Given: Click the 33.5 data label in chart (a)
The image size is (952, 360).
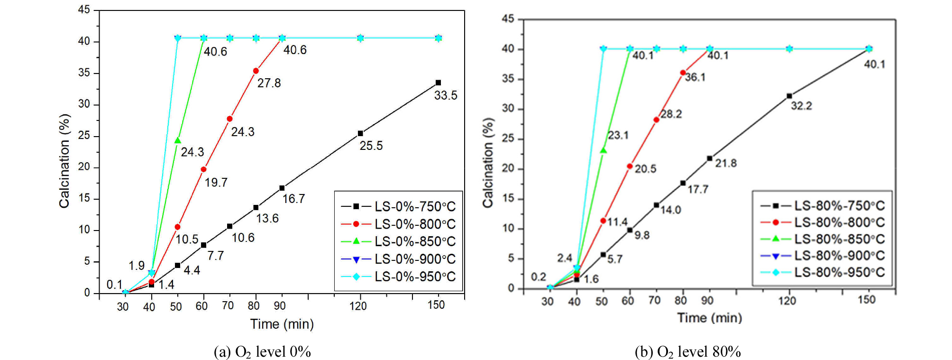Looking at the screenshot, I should [446, 95].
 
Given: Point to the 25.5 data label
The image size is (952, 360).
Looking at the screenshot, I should [371, 146].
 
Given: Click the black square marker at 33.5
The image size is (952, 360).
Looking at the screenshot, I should [438, 83].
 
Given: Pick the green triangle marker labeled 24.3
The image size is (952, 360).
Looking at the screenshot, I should [178, 140].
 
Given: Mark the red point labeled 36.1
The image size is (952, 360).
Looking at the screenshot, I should [683, 73].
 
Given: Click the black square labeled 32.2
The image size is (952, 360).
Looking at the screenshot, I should [789, 96].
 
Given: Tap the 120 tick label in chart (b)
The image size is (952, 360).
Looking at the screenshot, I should [787, 301].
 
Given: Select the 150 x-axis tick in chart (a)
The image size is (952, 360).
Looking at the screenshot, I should [436, 305].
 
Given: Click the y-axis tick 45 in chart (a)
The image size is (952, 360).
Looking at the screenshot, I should [84, 10].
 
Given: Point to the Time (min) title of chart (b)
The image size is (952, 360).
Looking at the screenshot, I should [709, 318].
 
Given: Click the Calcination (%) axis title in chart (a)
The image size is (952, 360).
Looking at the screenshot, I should [64, 161].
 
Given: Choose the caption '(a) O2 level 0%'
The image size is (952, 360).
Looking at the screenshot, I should [262, 352].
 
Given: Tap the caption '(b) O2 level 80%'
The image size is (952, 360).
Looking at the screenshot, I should [687, 352].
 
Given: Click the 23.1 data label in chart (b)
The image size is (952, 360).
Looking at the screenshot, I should [618, 135].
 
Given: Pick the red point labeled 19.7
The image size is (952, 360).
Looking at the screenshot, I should [203, 169].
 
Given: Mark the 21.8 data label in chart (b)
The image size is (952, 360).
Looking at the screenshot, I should [726, 163].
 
